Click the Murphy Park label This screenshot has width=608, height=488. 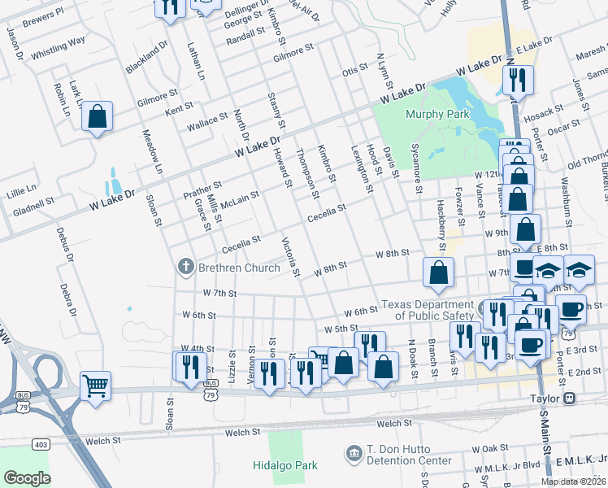click(x=437, y=115)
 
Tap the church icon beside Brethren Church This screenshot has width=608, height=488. click(x=185, y=265)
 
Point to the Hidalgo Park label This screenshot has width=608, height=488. click(x=284, y=466)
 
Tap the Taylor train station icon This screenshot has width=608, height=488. click(x=569, y=399)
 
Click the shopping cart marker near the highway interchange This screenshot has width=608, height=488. click(x=96, y=385)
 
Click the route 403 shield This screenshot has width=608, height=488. click(x=40, y=444)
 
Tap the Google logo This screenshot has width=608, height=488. click(x=27, y=477)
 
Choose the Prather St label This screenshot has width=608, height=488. click(x=202, y=190)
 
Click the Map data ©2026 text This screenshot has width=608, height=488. click(x=573, y=481)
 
